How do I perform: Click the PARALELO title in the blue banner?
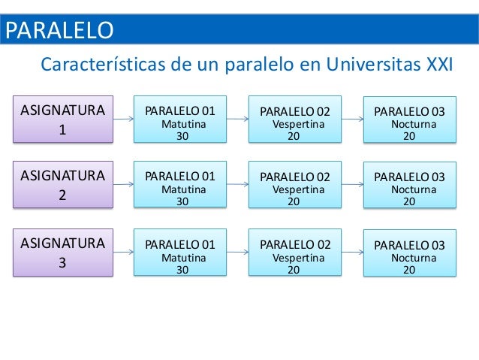click(x=60, y=31)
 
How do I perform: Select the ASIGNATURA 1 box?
click(x=62, y=119)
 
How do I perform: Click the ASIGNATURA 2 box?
click(x=62, y=184)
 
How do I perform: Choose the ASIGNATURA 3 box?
click(x=62, y=253)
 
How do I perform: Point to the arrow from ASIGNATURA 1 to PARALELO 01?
click(x=124, y=118)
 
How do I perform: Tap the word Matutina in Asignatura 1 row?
click(x=184, y=124)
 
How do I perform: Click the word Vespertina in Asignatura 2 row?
click(x=298, y=190)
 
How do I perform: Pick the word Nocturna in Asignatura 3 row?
click(x=414, y=258)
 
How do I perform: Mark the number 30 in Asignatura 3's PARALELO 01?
click(x=182, y=270)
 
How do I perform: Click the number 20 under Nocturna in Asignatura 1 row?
click(x=410, y=137)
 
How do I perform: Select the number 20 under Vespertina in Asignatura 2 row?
click(x=294, y=201)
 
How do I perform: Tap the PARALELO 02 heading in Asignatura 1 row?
click(x=295, y=112)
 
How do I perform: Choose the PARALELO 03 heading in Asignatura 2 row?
click(x=409, y=177)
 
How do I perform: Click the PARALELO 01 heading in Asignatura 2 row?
click(x=179, y=177)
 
